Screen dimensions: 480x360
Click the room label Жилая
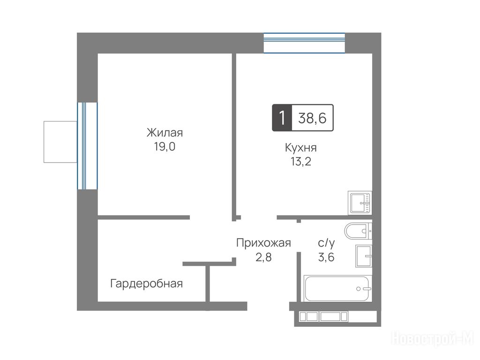(x=165, y=133)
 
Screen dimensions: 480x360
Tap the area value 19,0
(x=165, y=147)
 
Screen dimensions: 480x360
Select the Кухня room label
(x=301, y=148)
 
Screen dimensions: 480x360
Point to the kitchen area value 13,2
(x=301, y=161)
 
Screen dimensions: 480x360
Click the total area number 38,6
(x=312, y=118)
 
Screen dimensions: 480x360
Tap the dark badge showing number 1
(x=282, y=118)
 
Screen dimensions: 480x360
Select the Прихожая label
(x=263, y=243)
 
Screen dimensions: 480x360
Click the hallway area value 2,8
(x=263, y=257)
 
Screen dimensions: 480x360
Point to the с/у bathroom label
(x=326, y=243)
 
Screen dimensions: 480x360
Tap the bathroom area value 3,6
(x=326, y=257)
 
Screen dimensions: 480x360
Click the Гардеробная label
(x=146, y=284)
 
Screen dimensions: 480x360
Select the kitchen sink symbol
(x=360, y=203)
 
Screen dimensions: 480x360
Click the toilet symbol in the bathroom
(x=358, y=231)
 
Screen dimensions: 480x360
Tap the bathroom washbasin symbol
(x=364, y=256)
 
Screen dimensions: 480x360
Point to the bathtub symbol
(x=337, y=289)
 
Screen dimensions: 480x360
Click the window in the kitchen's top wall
(x=304, y=43)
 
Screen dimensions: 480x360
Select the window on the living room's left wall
(x=87, y=146)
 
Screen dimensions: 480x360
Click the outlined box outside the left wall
(x=60, y=142)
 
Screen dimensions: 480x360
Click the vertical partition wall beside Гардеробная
(x=208, y=284)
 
